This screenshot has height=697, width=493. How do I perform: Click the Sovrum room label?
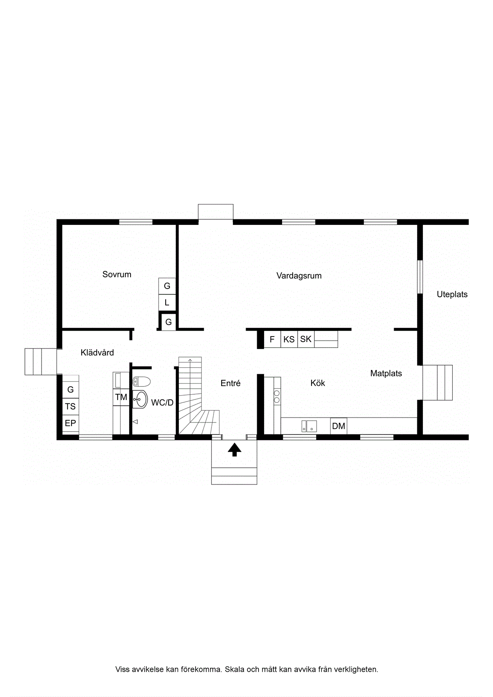point(117,274)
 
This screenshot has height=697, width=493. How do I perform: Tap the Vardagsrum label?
point(299,276)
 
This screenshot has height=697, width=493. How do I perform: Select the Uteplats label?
point(452,294)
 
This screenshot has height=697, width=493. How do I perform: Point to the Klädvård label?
point(97,352)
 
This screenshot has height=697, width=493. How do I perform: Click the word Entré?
point(231,383)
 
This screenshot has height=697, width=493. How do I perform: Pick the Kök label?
point(318,383)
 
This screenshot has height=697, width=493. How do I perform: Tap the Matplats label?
point(386,373)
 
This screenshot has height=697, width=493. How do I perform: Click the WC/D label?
point(162,403)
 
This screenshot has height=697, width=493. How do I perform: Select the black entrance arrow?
point(235,449)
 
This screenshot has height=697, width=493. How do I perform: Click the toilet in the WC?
point(141,381)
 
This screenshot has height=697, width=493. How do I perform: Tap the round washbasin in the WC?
point(140,399)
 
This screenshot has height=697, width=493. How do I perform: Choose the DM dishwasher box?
point(339,426)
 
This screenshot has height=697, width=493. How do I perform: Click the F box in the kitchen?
point(273,339)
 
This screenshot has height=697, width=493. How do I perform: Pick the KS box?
point(289,339)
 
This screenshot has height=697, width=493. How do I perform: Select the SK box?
point(306,339)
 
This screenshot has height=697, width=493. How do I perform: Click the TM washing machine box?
point(121,397)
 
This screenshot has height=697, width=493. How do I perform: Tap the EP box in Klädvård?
point(70,423)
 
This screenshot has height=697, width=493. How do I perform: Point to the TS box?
point(70,406)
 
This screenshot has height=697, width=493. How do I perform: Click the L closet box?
point(167,302)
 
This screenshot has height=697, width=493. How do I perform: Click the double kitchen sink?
point(309,426)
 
